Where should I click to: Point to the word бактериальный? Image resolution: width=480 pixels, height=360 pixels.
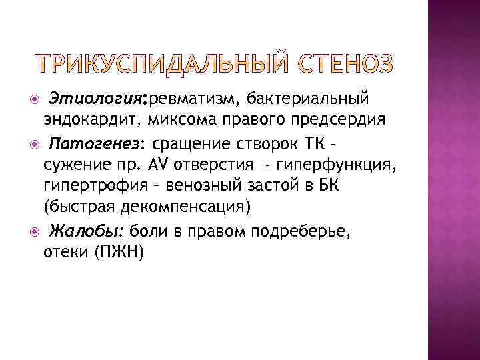tap(307, 100)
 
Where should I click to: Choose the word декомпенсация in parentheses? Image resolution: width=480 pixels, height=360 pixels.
tap(194, 206)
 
